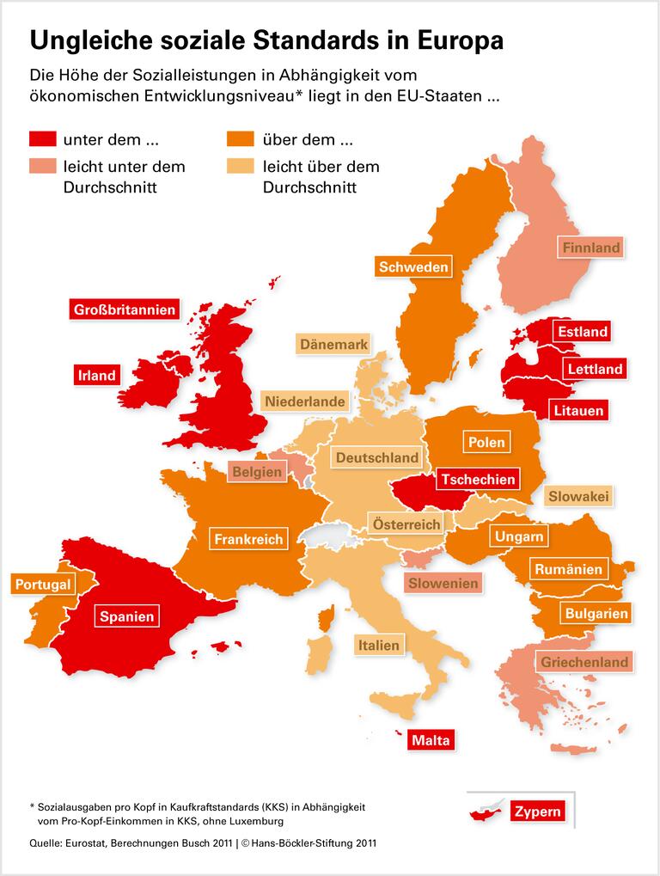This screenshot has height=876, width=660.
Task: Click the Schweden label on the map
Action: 413,267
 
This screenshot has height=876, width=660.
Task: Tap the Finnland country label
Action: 590,248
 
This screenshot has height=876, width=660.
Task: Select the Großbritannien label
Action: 125,309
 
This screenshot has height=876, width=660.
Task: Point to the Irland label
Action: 96,376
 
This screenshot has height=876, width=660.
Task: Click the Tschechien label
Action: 479,480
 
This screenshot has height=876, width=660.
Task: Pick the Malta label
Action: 431,740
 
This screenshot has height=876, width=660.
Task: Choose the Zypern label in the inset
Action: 537,812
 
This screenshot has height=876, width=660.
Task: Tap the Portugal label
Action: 42,585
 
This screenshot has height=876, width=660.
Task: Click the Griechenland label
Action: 584,663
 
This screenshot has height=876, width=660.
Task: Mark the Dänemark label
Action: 333,345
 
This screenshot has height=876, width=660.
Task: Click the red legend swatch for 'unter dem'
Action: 42,139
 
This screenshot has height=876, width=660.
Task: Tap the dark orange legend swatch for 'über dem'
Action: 240,139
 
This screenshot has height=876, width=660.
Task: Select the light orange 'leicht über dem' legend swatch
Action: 240,166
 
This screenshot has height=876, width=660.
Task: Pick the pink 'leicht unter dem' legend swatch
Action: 42,166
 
